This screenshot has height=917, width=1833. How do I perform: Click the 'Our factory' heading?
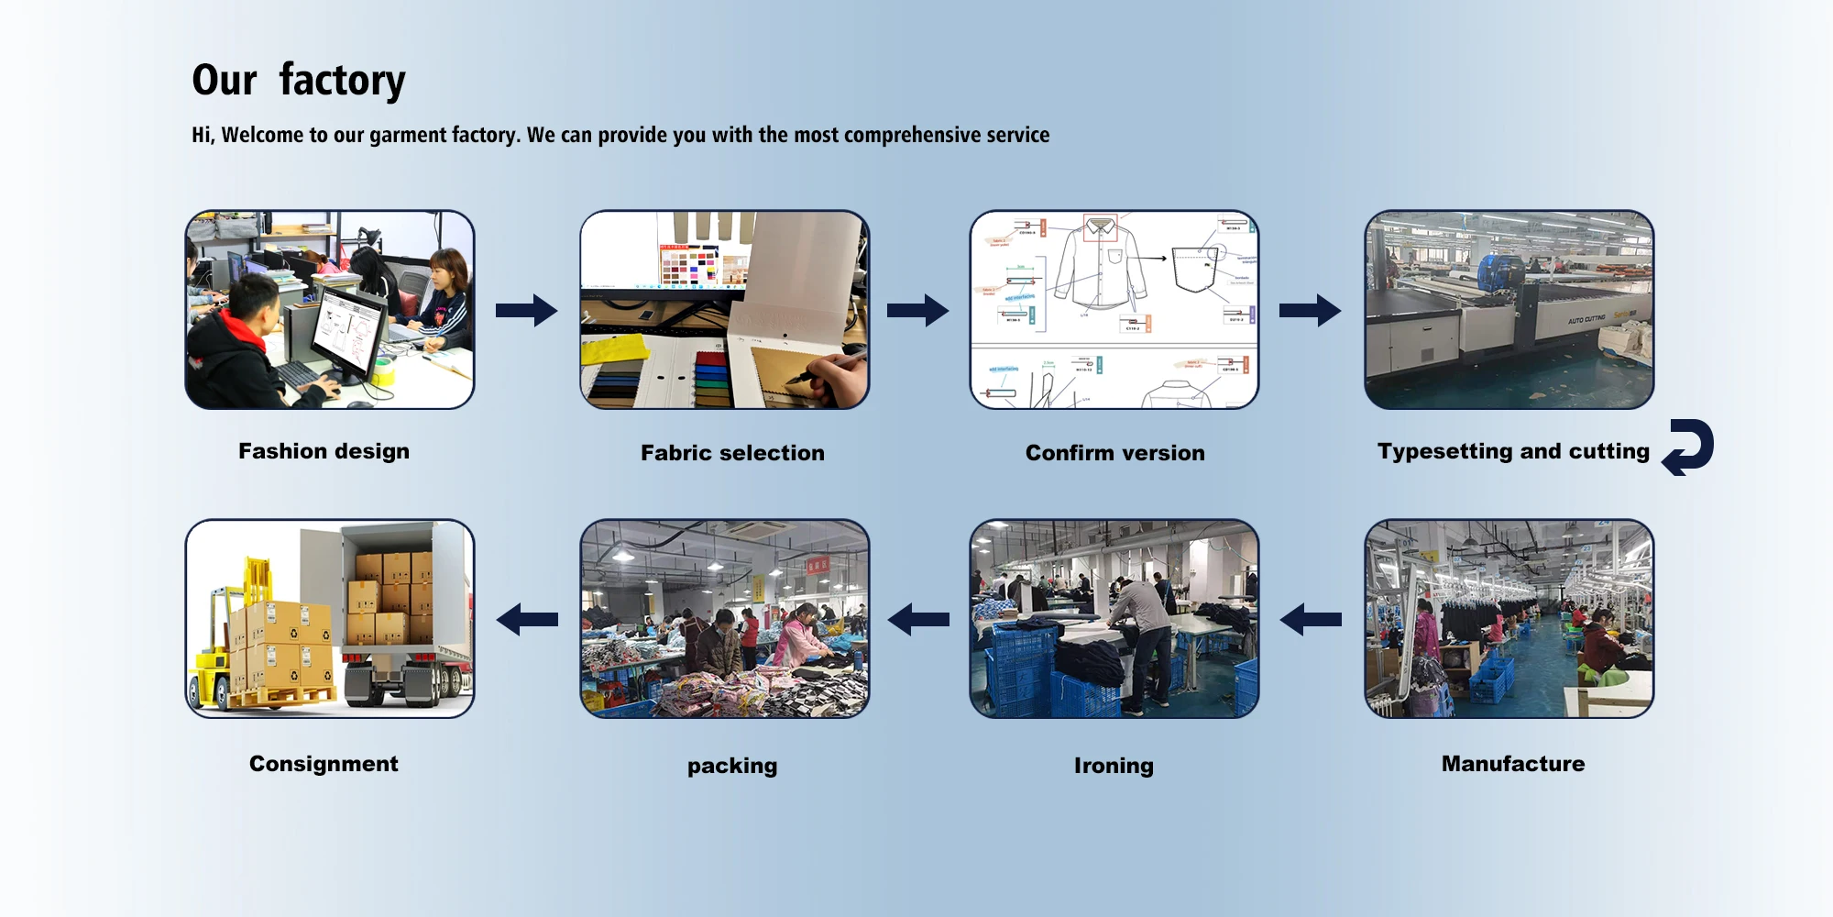pos(298,81)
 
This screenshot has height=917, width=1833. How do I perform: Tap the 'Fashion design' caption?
pos(324,451)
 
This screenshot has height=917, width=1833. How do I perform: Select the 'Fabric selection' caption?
pos(732,453)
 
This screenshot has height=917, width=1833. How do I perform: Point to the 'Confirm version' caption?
pos(1114,453)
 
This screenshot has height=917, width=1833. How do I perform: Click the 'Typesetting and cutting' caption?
pos(1513,451)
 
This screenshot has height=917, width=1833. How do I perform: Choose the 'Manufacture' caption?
pos(1513,764)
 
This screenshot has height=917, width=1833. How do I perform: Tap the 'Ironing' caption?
pos(1114,766)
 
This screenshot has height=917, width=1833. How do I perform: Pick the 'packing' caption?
pos(732,766)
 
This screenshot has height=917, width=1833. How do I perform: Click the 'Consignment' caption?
pos(324,764)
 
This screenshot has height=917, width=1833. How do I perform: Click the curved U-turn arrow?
pos(1689,447)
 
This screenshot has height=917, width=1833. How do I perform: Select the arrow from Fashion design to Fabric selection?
pos(526,311)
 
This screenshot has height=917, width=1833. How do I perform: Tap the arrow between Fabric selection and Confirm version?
pos(917,311)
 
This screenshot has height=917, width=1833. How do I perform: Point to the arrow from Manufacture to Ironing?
pos(1311,620)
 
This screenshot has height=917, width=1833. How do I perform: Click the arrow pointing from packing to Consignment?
pos(527,620)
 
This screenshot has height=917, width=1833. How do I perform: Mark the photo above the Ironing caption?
pos(1114,619)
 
